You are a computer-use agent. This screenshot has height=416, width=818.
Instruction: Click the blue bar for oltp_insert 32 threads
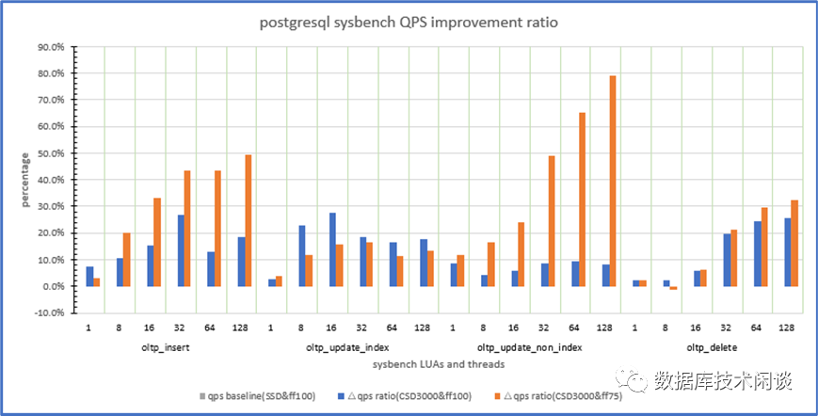[182, 250]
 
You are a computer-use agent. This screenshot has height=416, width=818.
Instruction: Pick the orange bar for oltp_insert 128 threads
[249, 220]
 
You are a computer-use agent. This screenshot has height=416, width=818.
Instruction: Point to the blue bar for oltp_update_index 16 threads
[332, 249]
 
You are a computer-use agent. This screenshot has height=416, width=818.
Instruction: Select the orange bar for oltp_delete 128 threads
[794, 243]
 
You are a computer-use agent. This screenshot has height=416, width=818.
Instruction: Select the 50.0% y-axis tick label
[49, 153]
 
